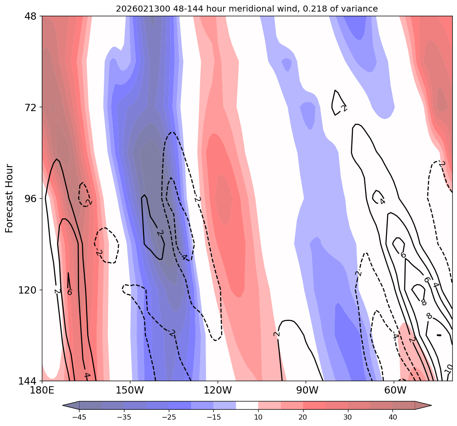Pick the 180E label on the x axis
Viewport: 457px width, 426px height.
click(42, 390)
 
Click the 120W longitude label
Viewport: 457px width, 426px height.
click(218, 390)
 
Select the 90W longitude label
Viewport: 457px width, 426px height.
click(307, 390)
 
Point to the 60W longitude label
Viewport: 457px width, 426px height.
click(395, 390)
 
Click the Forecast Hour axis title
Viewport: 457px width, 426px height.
click(9, 198)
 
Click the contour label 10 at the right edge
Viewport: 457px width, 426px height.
click(448, 369)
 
